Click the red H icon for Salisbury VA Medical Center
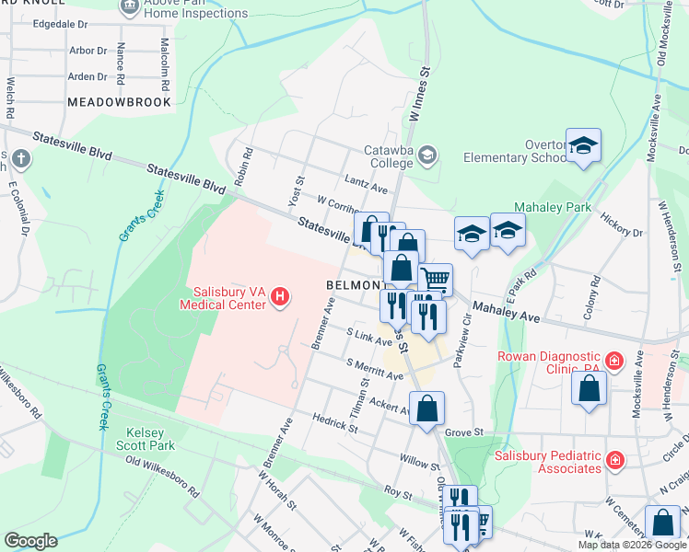tap(281, 296)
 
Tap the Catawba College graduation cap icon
tap(426, 155)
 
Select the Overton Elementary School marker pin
tap(583, 145)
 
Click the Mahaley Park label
tap(552, 208)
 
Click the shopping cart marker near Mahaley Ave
tap(436, 278)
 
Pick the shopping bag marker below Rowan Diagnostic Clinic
tap(589, 387)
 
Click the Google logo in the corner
tap(29, 541)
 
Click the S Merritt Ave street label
tap(375, 370)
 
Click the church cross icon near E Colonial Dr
tap(20, 159)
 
